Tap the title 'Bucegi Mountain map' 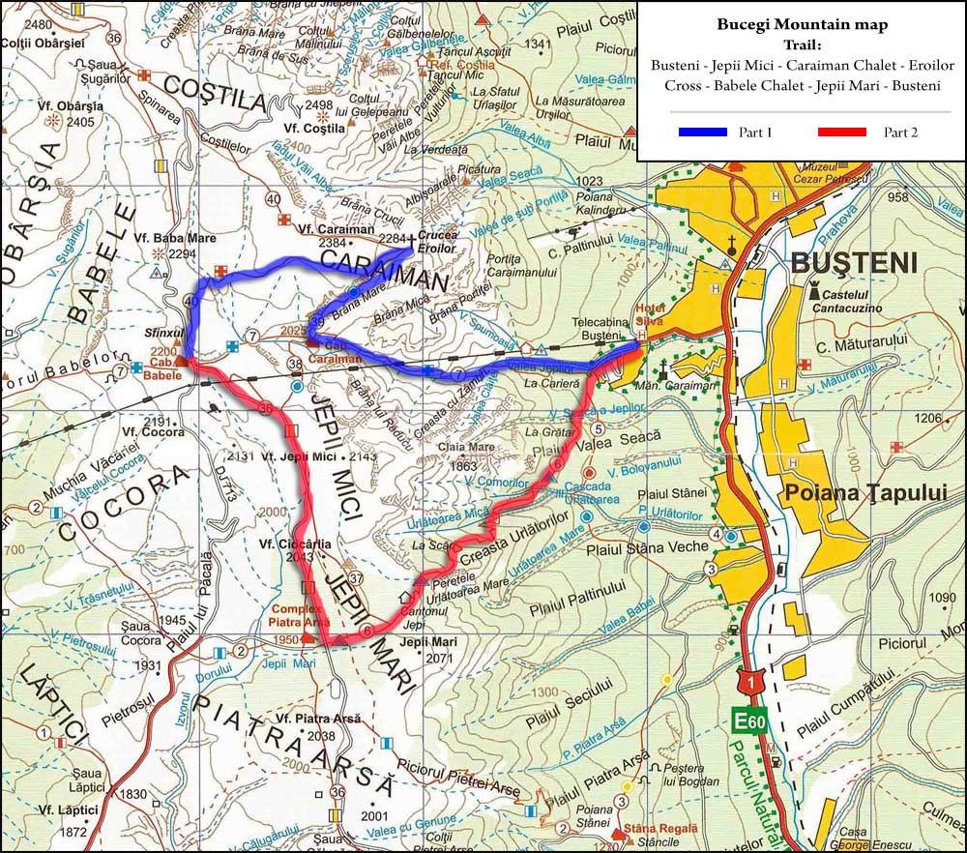[x=801, y=24]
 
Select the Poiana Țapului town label [x=851, y=490]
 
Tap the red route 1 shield [x=748, y=682]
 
